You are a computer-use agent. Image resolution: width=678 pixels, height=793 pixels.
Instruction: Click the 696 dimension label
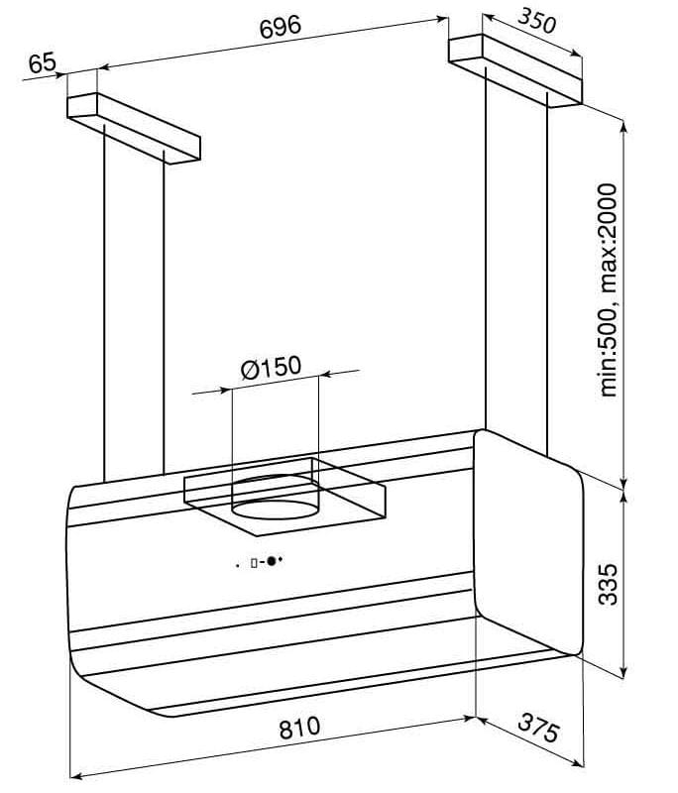[281, 27]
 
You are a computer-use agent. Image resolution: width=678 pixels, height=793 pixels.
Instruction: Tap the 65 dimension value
[42, 63]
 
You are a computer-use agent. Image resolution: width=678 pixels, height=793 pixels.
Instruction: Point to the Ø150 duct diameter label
[271, 367]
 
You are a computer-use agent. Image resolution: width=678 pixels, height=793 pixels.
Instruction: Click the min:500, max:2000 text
[608, 290]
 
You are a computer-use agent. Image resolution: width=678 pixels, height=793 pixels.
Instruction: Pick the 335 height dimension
[608, 584]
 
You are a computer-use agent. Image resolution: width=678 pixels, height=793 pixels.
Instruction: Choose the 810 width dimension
[299, 729]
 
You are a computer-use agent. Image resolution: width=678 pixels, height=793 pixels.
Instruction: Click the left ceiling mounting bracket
[134, 128]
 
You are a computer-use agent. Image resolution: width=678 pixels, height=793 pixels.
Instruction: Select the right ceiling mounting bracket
[515, 70]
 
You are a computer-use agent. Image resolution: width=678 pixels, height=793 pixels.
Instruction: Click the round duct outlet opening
[276, 510]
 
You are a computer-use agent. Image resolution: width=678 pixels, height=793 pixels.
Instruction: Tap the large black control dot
[272, 561]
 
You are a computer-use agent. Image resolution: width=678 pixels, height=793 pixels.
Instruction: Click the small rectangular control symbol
[254, 562]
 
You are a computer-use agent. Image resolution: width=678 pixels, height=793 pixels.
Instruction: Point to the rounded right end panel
[528, 543]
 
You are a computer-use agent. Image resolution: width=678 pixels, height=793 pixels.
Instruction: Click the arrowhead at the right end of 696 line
[442, 19]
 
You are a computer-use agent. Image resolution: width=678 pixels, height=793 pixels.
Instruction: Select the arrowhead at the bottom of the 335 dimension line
[624, 671]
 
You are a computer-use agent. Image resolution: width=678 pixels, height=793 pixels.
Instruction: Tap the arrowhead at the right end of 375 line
[578, 762]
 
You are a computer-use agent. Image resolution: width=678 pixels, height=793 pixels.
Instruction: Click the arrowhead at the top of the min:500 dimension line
[624, 127]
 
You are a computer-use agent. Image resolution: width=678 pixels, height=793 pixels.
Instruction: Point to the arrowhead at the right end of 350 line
[576, 55]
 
